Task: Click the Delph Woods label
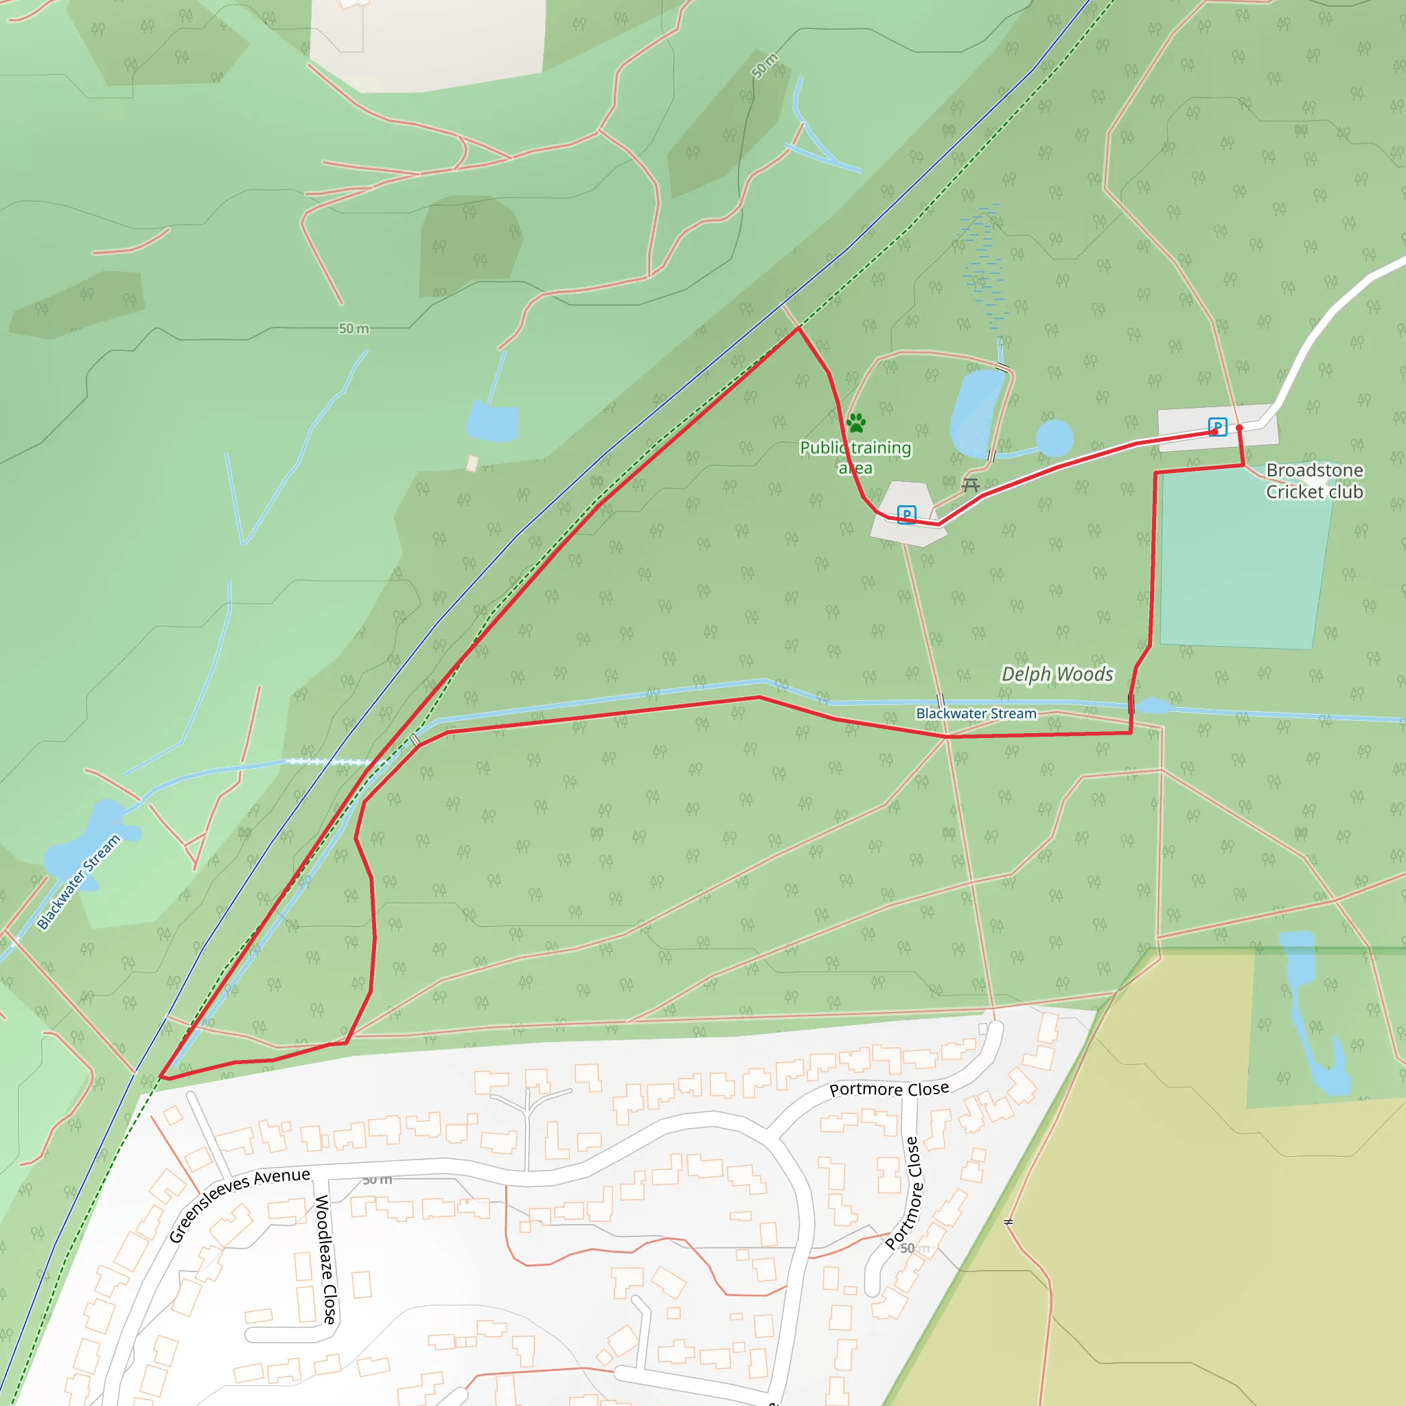[1057, 675]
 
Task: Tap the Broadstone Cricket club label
[1314, 481]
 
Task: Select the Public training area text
[855, 457]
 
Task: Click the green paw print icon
[856, 423]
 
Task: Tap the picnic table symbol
[970, 485]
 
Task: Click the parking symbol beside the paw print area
[906, 514]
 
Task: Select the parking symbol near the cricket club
[1217, 426]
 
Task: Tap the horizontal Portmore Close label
[889, 1090]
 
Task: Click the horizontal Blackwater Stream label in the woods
[976, 714]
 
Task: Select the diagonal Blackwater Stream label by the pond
[78, 882]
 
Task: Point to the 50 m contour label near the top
[764, 66]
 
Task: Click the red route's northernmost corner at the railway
[798, 328]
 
